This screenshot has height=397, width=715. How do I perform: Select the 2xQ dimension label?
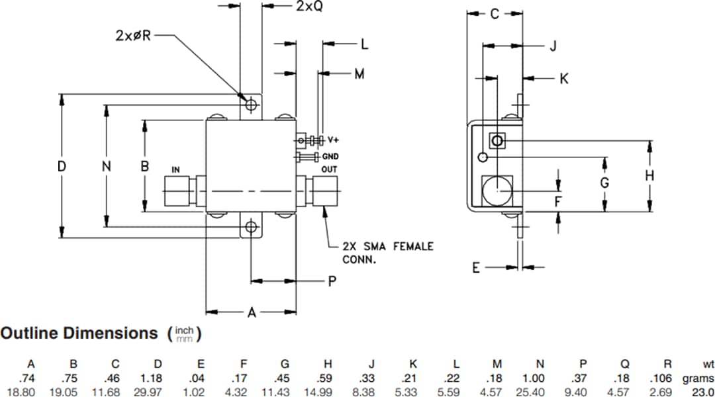[309, 7]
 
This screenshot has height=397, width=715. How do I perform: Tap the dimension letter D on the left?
[62, 167]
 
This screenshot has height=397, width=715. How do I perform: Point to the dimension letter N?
[106, 167]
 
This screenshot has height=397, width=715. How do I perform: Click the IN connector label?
[175, 170]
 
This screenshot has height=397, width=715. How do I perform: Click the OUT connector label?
[329, 169]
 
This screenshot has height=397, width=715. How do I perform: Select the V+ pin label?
[333, 140]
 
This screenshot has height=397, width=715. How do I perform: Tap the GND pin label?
[330, 157]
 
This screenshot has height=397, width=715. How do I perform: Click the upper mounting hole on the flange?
[250, 105]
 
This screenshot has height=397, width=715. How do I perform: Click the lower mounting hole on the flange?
[250, 228]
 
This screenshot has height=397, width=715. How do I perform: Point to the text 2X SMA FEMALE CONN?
[387, 253]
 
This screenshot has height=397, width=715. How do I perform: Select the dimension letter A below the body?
[252, 313]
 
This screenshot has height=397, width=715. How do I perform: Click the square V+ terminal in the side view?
[497, 141]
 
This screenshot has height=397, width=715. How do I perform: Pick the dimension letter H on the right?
[649, 175]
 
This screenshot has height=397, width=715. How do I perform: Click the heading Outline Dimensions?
[79, 333]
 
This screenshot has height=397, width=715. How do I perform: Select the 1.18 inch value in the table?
[158, 378]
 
